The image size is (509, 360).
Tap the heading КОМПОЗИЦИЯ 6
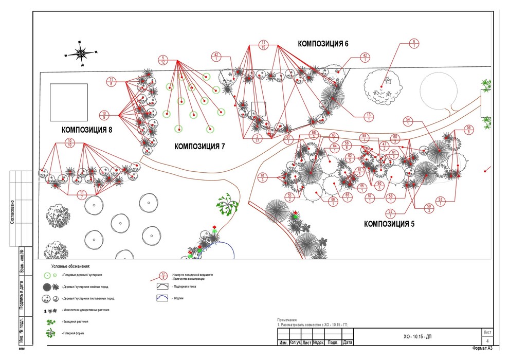[x=323, y=44]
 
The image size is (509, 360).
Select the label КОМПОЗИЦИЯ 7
[x=199, y=147]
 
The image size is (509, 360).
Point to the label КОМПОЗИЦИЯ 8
[x=87, y=130]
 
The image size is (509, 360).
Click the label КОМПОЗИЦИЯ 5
[x=389, y=224]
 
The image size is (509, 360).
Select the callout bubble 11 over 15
[x=263, y=45]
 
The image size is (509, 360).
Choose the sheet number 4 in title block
[x=487, y=341]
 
